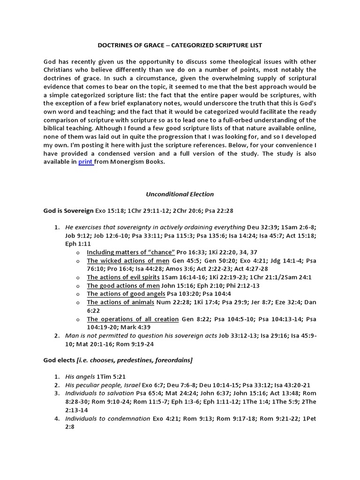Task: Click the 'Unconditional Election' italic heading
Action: (x=180, y=194)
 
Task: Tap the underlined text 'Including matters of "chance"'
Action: (x=131, y=252)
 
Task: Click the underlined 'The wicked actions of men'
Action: (x=127, y=261)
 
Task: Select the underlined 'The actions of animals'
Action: (x=120, y=303)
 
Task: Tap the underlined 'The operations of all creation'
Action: (x=133, y=319)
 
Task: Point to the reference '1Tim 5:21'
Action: (x=111, y=377)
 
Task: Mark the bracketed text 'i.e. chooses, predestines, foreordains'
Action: (x=139, y=360)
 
